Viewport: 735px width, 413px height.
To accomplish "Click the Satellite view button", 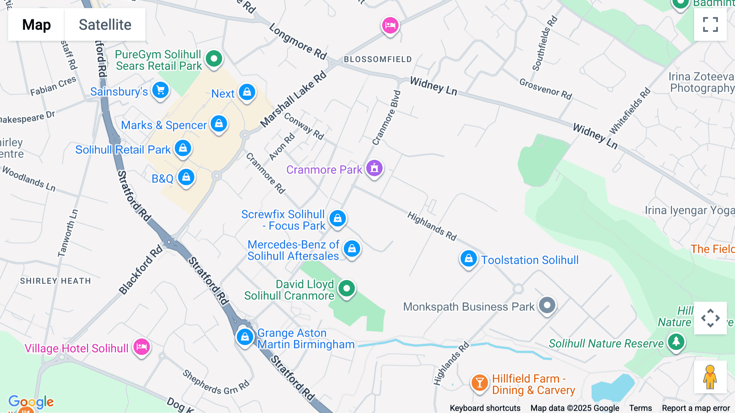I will coord(105,25).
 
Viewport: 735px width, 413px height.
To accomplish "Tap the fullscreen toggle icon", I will coord(710,25).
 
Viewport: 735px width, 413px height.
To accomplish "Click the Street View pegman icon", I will coord(710,377).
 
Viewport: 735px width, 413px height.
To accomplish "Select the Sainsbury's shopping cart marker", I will coord(160,90).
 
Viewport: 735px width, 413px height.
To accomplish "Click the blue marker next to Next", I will coord(247,92).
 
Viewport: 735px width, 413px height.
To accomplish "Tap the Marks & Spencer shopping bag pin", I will coord(219,123).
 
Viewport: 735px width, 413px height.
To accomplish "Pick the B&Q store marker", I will coord(186,177).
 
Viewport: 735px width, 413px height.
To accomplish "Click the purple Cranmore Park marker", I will coord(374,168).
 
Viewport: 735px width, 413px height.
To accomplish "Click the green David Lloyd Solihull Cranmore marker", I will coord(347,289).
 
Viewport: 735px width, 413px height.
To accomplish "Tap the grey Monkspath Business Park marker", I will coord(547,305).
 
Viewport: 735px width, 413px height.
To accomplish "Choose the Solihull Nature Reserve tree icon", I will coord(676,341).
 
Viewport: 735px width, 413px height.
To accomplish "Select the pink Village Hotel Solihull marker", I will coord(142,347).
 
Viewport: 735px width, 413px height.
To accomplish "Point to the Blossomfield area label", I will coord(378,59).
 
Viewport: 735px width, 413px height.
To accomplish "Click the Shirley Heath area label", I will coord(56,281).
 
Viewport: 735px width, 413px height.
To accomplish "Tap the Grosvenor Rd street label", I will coord(546,89).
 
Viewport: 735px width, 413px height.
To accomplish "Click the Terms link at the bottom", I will coord(640,408).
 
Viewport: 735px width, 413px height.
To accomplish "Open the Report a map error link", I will coord(696,408).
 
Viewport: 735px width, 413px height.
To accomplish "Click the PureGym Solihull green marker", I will coord(214,58).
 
